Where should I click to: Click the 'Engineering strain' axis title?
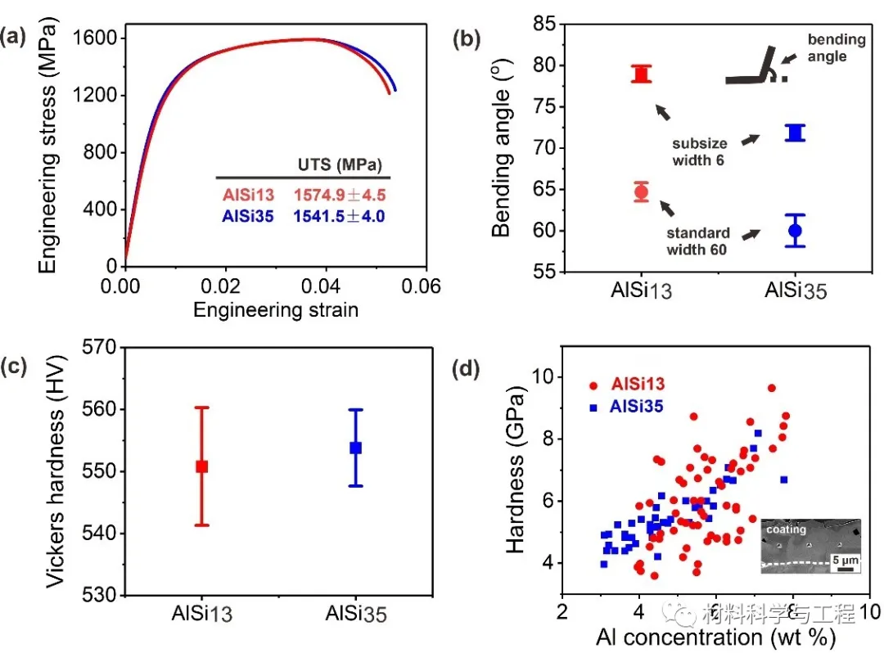276,310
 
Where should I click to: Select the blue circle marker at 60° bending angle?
795,230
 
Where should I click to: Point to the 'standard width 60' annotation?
698,242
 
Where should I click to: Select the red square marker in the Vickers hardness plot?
202,466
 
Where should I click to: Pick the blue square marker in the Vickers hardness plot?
355,448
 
